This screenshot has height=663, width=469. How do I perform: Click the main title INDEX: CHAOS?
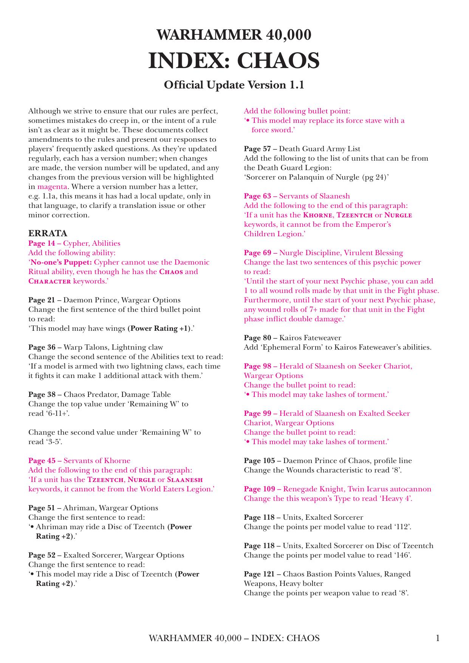pos(234,61)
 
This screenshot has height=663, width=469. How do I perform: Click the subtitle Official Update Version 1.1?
pos(234,85)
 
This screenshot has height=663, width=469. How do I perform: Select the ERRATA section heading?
pos(48,233)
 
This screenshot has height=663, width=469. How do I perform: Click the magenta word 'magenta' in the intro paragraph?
pos(52,187)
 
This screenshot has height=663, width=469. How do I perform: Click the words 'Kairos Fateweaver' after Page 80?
pos(310,338)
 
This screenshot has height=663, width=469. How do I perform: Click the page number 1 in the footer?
pos(438,638)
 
